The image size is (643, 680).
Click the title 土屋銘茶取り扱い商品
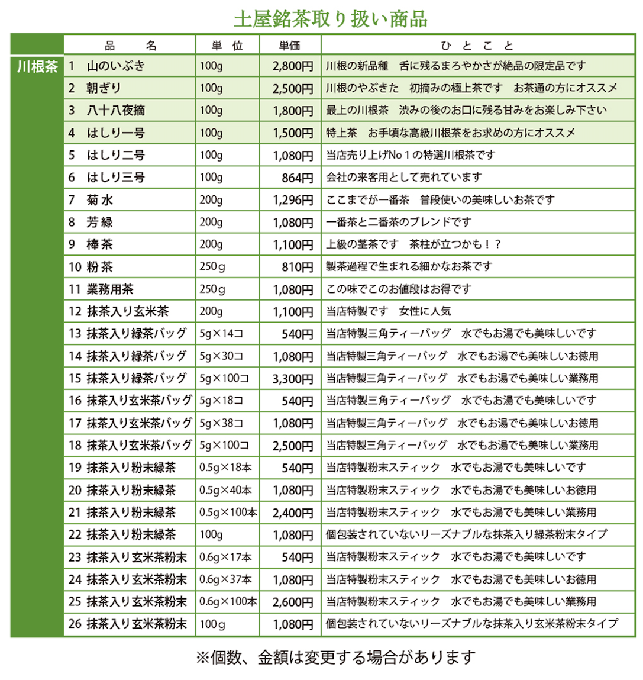(x=330, y=19)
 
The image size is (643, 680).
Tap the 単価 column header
(x=290, y=46)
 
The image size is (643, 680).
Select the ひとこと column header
(x=477, y=46)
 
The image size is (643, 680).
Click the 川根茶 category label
(x=37, y=67)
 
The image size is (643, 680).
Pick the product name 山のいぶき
(x=115, y=66)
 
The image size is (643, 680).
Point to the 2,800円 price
(x=293, y=66)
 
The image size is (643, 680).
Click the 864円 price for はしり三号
(x=298, y=178)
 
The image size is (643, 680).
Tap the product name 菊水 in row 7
(x=100, y=200)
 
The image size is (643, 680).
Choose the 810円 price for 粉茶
(x=298, y=267)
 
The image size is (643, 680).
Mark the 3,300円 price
(x=293, y=379)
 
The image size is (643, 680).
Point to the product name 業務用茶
(x=110, y=289)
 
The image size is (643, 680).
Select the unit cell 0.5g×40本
(x=225, y=490)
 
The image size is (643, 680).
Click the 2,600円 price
(x=293, y=602)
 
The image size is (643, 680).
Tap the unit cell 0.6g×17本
(x=225, y=557)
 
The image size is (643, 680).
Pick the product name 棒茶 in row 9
(x=100, y=244)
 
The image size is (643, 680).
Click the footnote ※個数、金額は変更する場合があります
(x=335, y=658)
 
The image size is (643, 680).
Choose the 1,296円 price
(x=293, y=200)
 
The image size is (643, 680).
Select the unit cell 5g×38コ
(x=221, y=423)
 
